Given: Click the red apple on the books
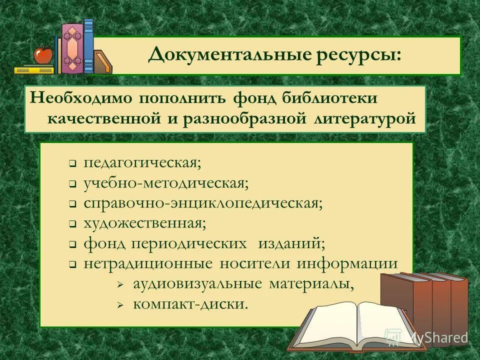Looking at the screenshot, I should click(43, 54).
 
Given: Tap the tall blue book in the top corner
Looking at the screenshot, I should click(88, 46).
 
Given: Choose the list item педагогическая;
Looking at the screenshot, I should click(142, 163).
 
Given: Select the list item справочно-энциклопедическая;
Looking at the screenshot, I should click(203, 203).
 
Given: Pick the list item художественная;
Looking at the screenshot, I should click(144, 223).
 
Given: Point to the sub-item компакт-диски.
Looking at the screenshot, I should click(190, 304).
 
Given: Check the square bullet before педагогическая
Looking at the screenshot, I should click(72, 164).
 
